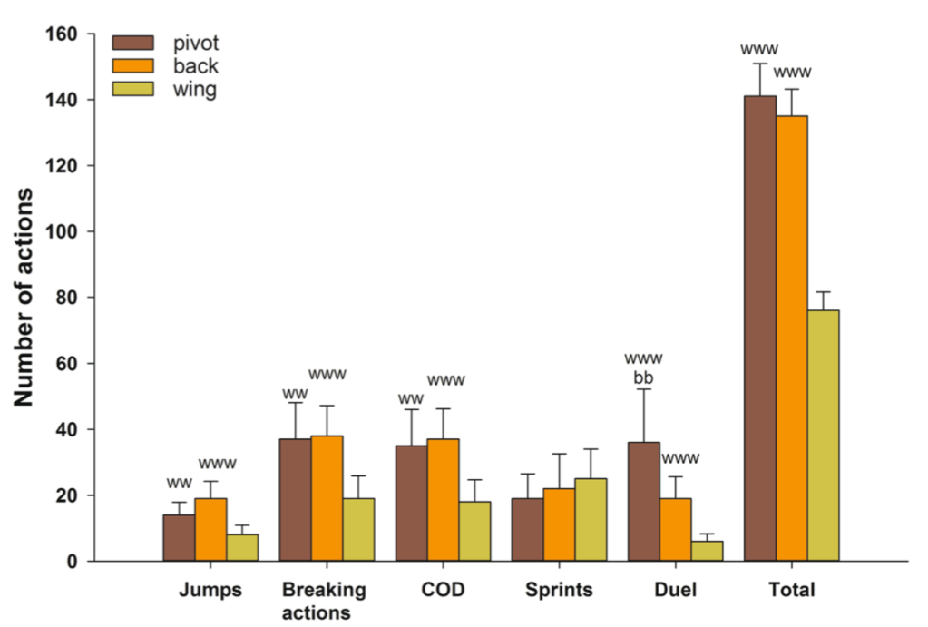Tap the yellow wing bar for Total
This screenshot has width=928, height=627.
coord(824,436)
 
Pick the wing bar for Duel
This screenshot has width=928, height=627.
coord(707,551)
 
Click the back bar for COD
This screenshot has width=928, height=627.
coord(443,500)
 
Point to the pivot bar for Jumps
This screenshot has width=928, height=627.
coord(179,538)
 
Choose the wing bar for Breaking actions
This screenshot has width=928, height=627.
coord(358,530)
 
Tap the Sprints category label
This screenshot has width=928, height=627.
coord(559,591)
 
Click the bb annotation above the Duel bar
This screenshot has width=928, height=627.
coord(643,377)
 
